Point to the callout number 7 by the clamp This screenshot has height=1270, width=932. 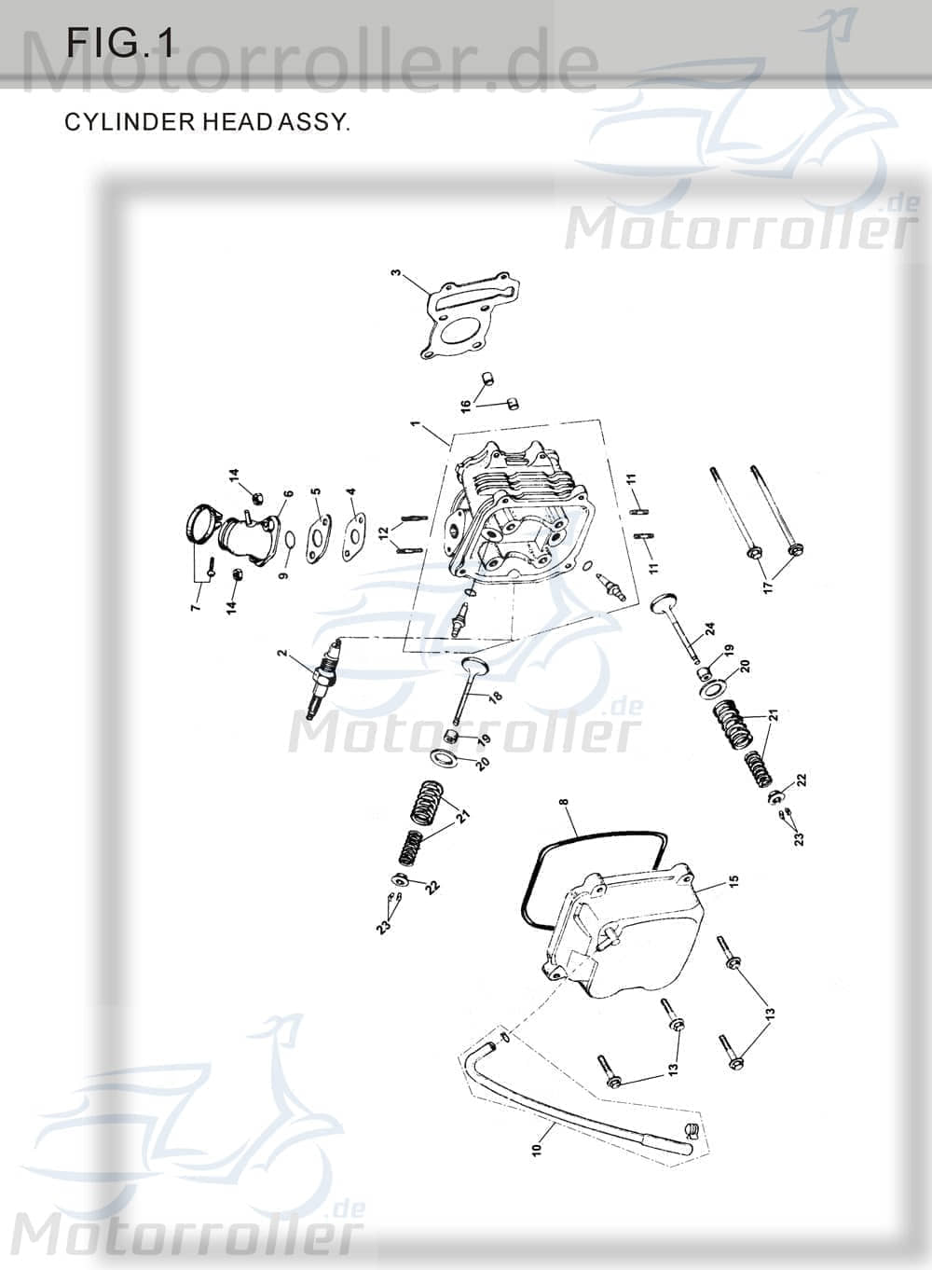195,607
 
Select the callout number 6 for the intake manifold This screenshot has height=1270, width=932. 289,494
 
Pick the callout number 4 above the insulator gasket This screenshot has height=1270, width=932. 350,491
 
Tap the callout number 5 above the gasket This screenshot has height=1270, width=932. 316,491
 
